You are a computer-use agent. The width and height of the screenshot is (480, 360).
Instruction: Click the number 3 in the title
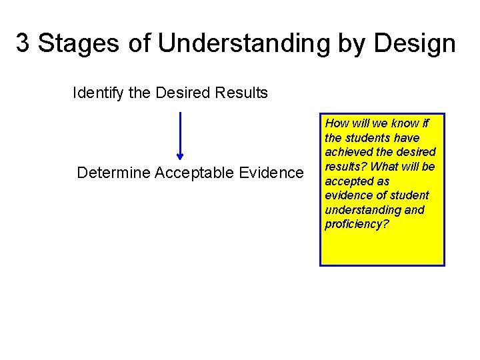(x=23, y=44)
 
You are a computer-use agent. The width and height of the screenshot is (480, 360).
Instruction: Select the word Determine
(x=113, y=173)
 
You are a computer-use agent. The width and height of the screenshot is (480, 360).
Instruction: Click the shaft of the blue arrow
(x=180, y=133)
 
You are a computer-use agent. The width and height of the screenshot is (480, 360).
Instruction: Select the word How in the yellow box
(x=336, y=123)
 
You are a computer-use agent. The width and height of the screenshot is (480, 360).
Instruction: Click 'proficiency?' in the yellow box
(x=357, y=224)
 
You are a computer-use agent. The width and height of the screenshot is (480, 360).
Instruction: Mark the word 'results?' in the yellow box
(x=346, y=167)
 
